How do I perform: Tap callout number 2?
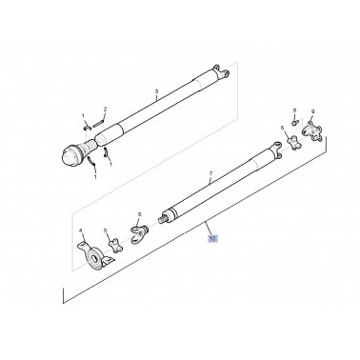(105, 110)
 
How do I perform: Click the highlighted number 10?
(212, 242)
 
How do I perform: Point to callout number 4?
(80, 230)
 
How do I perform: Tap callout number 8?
(295, 110)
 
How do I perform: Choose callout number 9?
(310, 112)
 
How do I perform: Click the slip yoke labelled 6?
(144, 230)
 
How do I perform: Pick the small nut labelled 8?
(297, 123)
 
